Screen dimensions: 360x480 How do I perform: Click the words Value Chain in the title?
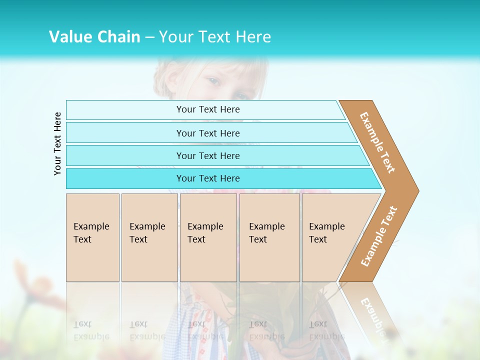click(x=94, y=36)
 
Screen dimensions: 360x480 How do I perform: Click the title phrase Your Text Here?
click(x=215, y=36)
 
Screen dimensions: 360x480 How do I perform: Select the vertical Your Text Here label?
click(x=57, y=143)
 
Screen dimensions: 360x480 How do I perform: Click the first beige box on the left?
click(x=92, y=237)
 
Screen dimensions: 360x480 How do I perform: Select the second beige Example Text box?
click(x=149, y=237)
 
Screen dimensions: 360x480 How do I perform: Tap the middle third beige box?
click(x=208, y=237)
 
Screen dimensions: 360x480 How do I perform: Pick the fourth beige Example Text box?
click(x=269, y=237)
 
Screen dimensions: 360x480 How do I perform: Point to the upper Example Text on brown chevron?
click(x=377, y=142)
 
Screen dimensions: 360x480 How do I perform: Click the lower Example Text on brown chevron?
click(x=379, y=236)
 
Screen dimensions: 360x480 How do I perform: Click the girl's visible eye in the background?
click(x=213, y=81)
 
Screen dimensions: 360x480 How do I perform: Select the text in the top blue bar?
click(x=208, y=109)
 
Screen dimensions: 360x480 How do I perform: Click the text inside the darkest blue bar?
click(x=208, y=178)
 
